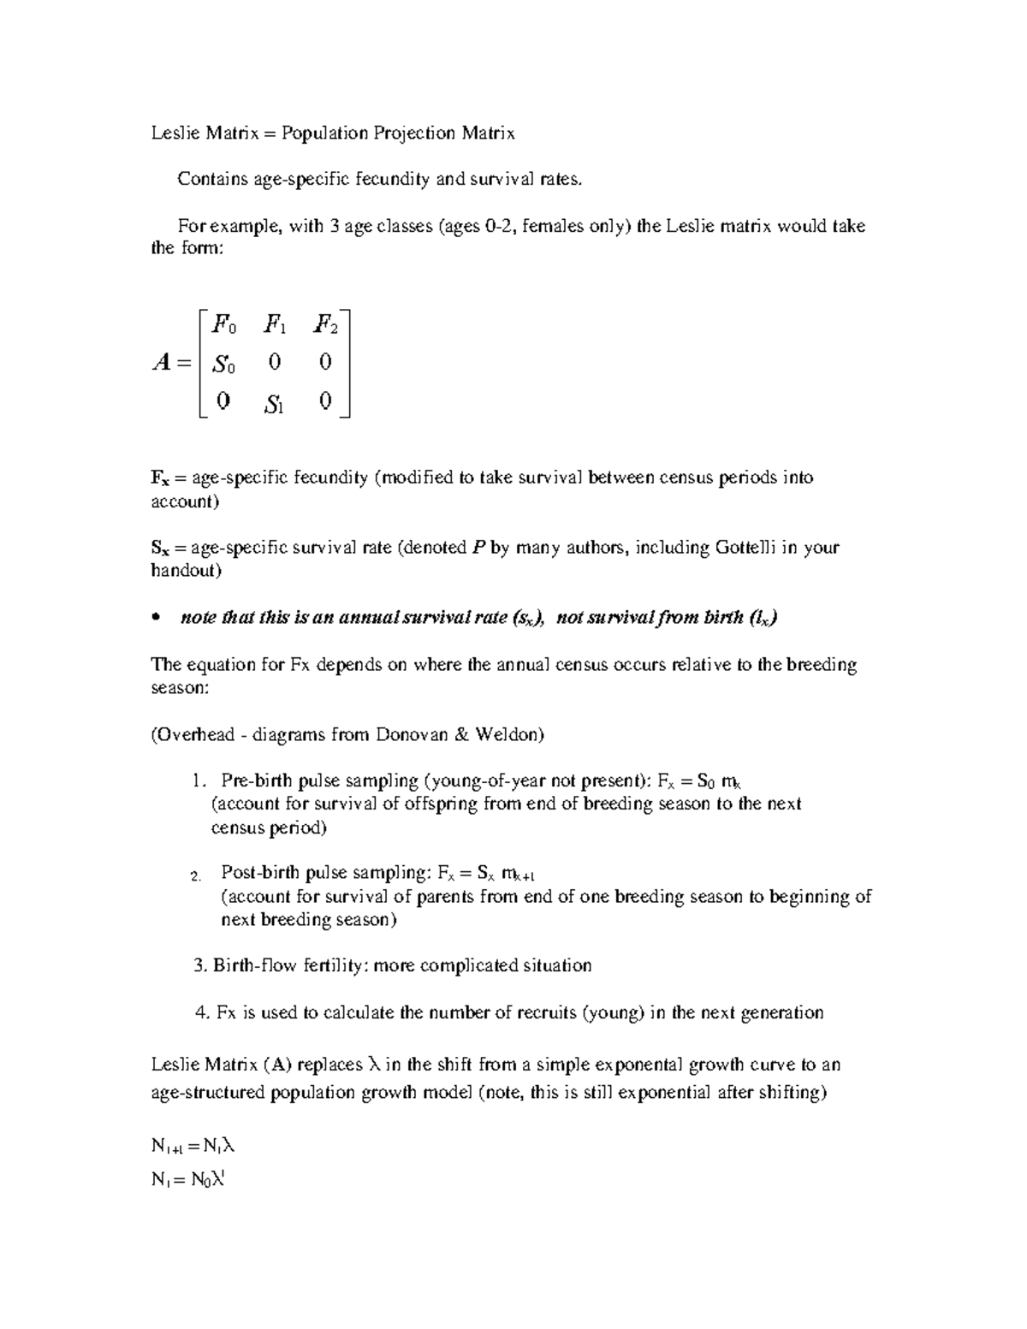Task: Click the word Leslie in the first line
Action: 173,133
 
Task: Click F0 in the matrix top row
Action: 224,325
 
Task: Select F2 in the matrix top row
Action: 325,325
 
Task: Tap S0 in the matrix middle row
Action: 223,365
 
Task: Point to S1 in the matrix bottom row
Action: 274,404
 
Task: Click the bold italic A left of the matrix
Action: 161,364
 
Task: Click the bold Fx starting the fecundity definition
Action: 159,478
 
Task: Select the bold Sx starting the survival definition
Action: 159,549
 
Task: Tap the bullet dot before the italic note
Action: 155,619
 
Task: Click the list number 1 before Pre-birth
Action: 198,780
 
